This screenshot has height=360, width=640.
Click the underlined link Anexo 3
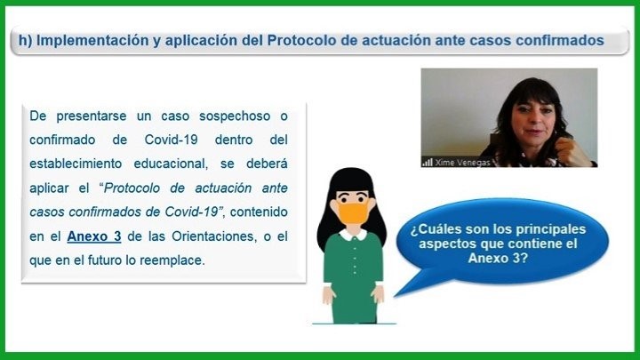tap(94, 236)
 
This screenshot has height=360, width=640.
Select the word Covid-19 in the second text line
tap(171, 140)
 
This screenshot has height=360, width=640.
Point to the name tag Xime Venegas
tap(462, 163)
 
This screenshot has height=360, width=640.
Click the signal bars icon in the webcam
tap(428, 163)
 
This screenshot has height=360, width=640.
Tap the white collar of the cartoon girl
tap(354, 235)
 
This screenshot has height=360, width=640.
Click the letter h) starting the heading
tap(25, 40)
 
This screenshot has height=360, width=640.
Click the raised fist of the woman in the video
tap(572, 151)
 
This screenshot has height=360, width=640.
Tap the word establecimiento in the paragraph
tap(76, 164)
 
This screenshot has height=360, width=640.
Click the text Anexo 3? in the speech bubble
tap(498, 258)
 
